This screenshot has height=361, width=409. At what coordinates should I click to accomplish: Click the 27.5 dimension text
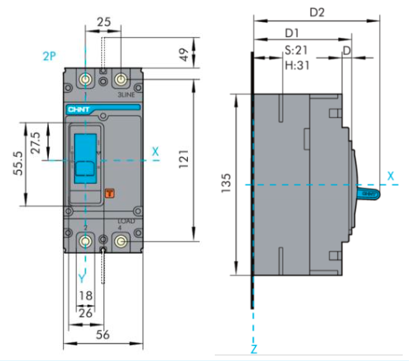click(x=36, y=142)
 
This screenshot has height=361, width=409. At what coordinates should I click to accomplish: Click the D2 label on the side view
click(x=318, y=13)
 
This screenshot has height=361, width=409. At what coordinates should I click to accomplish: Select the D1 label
click(x=291, y=34)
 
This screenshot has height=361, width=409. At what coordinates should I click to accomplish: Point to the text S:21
click(x=296, y=50)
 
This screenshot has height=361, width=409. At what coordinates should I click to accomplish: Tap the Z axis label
click(x=253, y=348)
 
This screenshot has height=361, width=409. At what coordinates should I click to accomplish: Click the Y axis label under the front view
click(x=81, y=277)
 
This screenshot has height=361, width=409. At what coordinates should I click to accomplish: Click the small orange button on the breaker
click(x=110, y=192)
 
